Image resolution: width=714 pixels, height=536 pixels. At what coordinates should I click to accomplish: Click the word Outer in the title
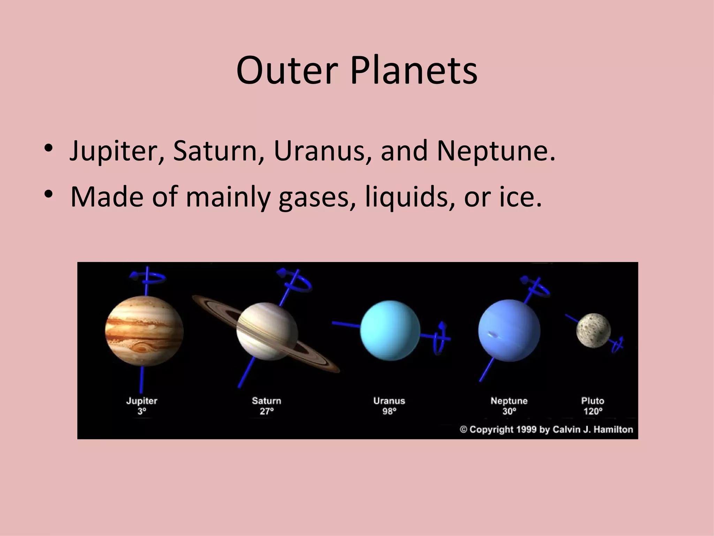coord(287,71)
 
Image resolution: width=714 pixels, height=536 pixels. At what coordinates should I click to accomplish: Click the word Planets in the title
coord(413,71)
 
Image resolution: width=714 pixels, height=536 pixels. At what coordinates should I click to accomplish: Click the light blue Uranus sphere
coord(390,330)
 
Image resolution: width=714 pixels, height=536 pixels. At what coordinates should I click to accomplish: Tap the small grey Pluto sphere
coord(593,330)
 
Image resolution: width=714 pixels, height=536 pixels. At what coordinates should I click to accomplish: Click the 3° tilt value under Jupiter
coord(142,411)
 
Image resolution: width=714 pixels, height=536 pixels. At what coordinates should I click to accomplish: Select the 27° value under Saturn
coord(267,411)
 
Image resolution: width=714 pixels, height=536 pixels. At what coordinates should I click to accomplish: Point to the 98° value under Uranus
coord(389,411)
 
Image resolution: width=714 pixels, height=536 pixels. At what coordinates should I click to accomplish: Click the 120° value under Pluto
coord(593,411)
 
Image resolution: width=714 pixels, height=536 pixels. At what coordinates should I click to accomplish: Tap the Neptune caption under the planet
coord(509,401)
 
